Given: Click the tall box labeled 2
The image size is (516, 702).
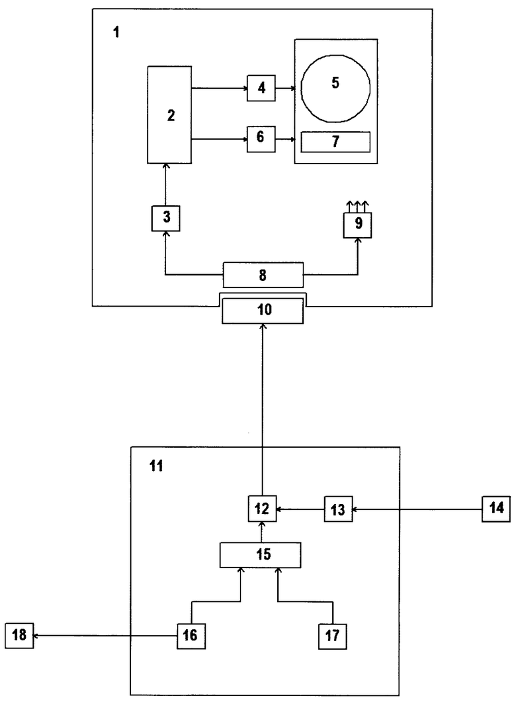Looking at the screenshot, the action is point(169,115).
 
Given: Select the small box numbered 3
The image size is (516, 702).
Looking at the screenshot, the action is point(166,218).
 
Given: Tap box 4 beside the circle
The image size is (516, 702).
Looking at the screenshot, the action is point(261,87).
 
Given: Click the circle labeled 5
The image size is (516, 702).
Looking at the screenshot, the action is point(335,89).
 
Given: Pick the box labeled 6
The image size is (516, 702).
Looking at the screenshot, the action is point(261,139).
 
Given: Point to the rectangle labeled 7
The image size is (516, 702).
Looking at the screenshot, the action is point(335,142).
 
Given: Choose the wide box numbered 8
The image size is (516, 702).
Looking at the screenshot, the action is point(263,274).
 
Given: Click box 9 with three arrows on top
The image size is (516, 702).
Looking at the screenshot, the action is point(357,225).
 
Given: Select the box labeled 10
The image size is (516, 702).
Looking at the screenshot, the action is point(263,310).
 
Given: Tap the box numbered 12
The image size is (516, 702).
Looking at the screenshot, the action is point(262,509).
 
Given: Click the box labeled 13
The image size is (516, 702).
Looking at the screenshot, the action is point(339,509).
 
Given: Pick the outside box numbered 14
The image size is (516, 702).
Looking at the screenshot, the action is point(496,509).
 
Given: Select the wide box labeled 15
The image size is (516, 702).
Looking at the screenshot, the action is point(260,555).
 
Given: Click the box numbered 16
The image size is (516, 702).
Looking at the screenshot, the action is point(191,635).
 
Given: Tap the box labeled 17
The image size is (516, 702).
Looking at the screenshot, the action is point(333,636).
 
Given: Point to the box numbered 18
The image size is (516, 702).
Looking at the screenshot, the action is point(19,635).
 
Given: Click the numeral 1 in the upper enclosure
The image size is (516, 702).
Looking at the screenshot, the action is point(116,32).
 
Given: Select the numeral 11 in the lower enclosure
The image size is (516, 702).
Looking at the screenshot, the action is point(156,466).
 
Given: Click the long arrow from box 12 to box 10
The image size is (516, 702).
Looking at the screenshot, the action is point(263,410).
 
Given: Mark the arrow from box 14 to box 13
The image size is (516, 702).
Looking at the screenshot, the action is point(417,509).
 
